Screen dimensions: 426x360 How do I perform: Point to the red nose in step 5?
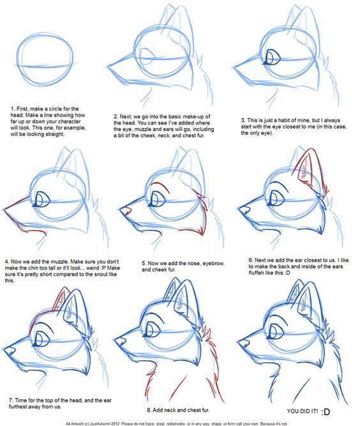(x=124, y=209)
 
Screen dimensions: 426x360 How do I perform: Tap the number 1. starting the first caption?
(x=13, y=109)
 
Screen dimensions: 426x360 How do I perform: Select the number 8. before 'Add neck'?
(x=149, y=410)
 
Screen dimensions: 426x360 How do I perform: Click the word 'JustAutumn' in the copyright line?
(x=113, y=422)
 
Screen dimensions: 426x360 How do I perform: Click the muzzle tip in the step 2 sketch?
(x=110, y=64)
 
